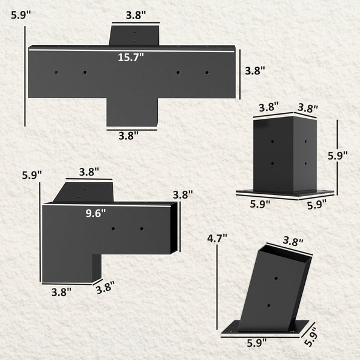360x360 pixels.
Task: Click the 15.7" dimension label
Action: click(131, 57)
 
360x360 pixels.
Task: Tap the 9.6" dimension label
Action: click(95, 212)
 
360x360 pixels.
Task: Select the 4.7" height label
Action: click(217, 238)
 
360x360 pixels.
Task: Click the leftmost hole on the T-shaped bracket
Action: click(56, 72)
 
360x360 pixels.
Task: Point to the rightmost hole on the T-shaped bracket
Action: click(207, 72)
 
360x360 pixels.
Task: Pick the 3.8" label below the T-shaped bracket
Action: click(128, 135)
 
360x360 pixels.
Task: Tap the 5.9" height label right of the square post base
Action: click(338, 155)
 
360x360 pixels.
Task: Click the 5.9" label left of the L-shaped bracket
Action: click(32, 175)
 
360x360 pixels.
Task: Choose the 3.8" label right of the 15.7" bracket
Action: click(255, 70)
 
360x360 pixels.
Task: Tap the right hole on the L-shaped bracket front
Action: click(142, 228)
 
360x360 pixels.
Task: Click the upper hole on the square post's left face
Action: click(272, 142)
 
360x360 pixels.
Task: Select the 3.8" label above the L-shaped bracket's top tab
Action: click(89, 172)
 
